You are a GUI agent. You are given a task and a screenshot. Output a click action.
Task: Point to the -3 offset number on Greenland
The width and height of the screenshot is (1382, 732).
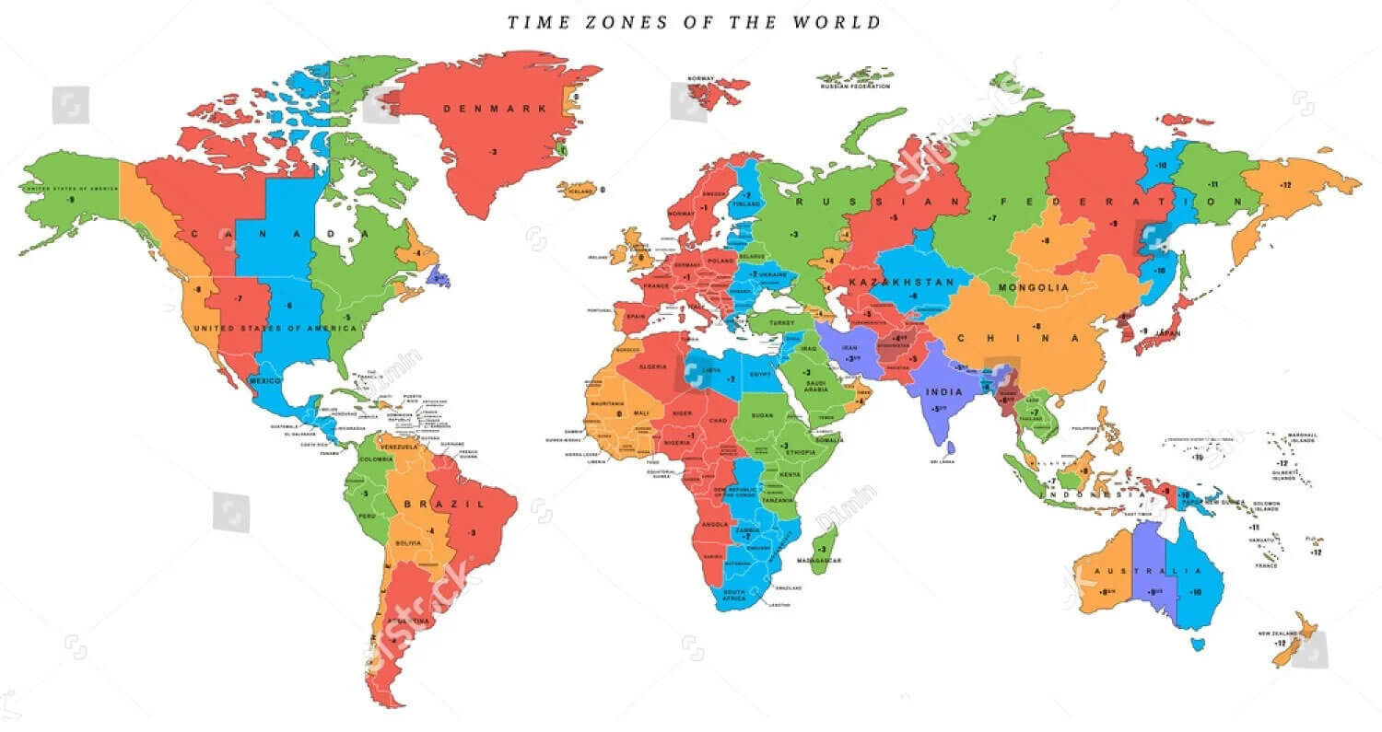point(493,151)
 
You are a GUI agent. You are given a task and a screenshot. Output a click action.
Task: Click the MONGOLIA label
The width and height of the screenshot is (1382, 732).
point(1034,287)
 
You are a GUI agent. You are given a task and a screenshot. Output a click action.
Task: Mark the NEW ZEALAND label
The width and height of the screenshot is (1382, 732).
point(1278,633)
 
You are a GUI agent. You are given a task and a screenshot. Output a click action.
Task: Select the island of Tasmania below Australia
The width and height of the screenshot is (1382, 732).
point(1197,644)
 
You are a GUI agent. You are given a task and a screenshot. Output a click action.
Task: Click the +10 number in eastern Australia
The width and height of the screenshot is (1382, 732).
point(1195,592)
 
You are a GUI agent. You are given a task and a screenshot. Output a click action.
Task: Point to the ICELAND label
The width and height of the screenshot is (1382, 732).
point(580,191)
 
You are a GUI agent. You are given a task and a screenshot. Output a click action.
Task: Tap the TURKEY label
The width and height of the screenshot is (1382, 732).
point(781,323)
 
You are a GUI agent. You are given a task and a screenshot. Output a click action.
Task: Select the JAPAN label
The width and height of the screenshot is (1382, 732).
point(1167,333)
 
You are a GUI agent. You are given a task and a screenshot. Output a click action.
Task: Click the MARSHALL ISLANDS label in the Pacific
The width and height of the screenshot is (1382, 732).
point(1303,437)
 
